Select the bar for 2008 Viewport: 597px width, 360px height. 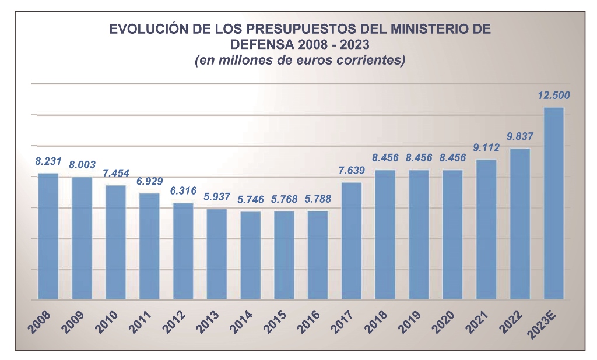48,236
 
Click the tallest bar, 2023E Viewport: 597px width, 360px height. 553,203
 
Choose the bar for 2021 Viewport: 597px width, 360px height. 486,230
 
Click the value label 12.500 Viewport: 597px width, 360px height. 554,96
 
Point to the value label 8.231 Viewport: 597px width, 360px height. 48,161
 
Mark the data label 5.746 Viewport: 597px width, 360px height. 251,199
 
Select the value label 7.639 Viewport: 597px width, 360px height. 352,171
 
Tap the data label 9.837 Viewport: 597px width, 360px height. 520,137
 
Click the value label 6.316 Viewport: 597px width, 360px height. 183,191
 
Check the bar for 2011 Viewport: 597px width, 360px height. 149,246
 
